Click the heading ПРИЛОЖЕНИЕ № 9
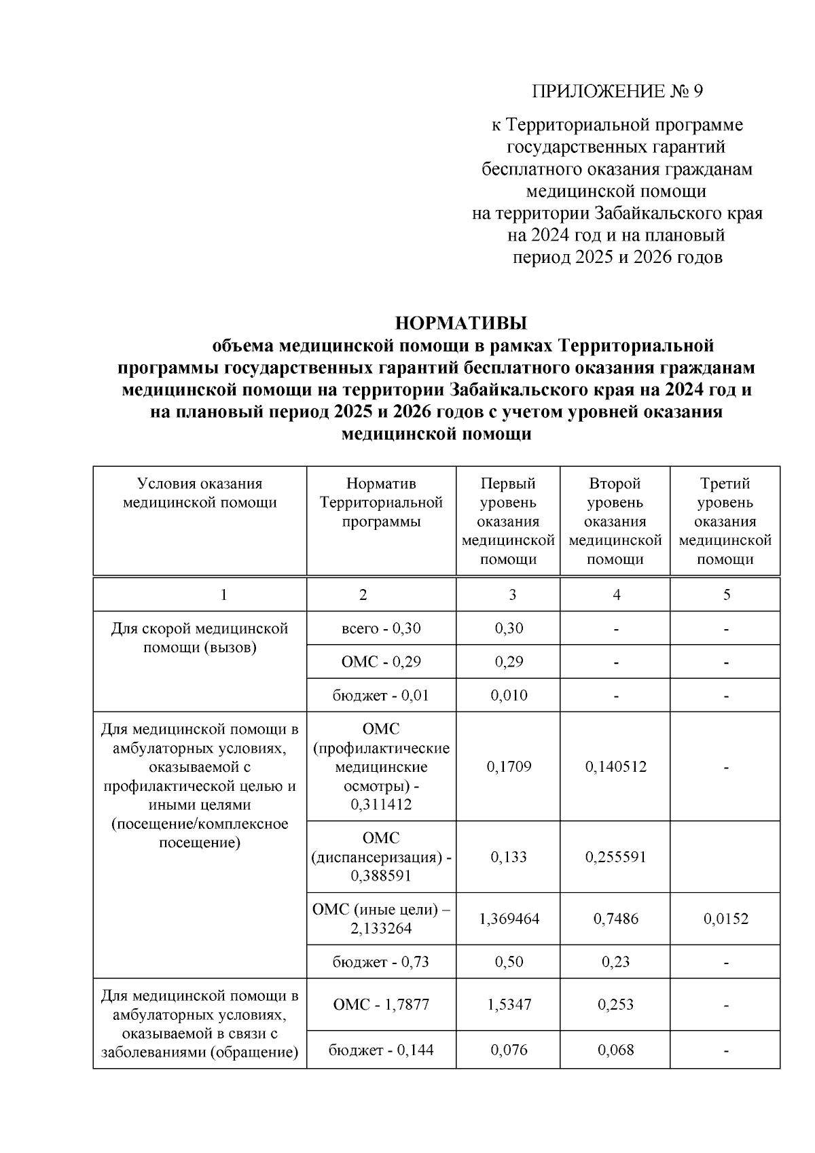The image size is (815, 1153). (617, 91)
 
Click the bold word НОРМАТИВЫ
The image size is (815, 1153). (461, 323)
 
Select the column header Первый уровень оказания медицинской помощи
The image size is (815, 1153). (508, 521)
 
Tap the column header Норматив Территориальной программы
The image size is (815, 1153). (381, 503)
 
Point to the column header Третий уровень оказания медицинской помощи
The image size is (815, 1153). (725, 521)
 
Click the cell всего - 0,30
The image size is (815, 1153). (381, 628)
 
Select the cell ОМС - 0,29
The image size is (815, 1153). (381, 662)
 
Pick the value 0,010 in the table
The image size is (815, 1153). (509, 696)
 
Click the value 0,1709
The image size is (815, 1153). (509, 767)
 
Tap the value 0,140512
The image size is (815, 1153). (615, 767)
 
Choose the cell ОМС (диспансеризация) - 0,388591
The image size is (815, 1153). (381, 857)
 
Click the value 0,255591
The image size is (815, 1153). (615, 857)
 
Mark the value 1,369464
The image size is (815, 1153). (509, 919)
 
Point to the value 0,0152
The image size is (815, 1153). (725, 919)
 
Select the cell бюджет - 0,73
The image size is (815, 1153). (381, 962)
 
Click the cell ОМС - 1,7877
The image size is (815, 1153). (381, 1004)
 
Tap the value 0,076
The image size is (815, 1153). (509, 1050)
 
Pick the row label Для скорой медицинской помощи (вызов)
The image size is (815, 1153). (200, 638)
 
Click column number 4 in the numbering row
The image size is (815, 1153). (616, 595)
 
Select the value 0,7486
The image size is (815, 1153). (615, 919)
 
